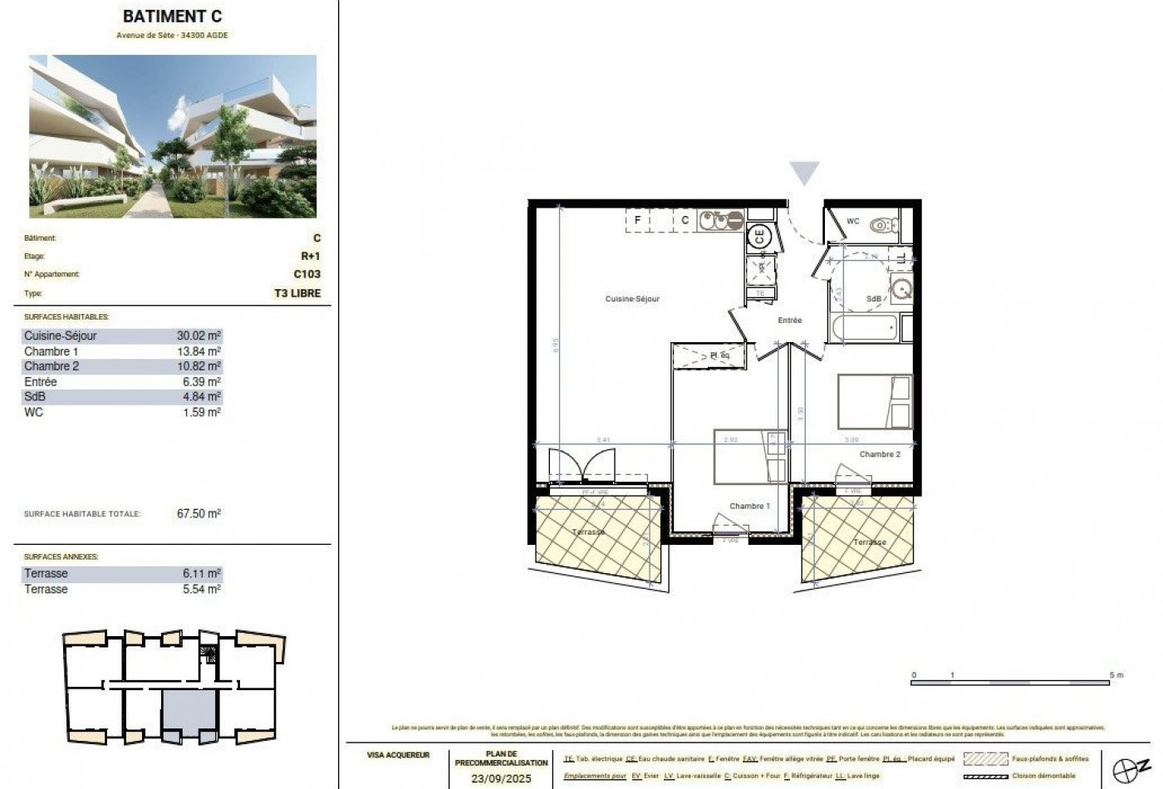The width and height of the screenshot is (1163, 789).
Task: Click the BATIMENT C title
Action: [172, 16]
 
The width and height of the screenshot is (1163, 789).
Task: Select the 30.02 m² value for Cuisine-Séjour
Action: [199, 336]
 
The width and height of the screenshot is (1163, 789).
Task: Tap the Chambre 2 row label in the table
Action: [52, 366]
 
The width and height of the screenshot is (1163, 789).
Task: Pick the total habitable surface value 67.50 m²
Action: [199, 514]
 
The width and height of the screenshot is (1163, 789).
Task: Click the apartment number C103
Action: [307, 274]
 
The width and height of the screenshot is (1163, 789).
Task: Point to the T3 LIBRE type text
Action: [297, 293]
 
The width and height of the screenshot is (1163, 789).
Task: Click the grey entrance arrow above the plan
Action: [803, 173]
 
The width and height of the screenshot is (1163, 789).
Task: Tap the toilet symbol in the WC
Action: [881, 224]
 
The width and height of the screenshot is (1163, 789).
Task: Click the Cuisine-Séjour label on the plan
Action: [632, 299]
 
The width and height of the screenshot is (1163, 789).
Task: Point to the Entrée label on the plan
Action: [789, 321]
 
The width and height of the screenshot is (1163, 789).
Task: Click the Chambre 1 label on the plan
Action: [749, 506]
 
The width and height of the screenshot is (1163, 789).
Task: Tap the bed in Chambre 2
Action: [874, 403]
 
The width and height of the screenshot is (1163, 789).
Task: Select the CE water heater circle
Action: [759, 236]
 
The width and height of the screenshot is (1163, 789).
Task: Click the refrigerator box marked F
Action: [637, 220]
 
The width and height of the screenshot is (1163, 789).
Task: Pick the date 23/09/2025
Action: [501, 778]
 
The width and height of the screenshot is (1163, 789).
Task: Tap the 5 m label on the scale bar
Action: [1116, 676]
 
